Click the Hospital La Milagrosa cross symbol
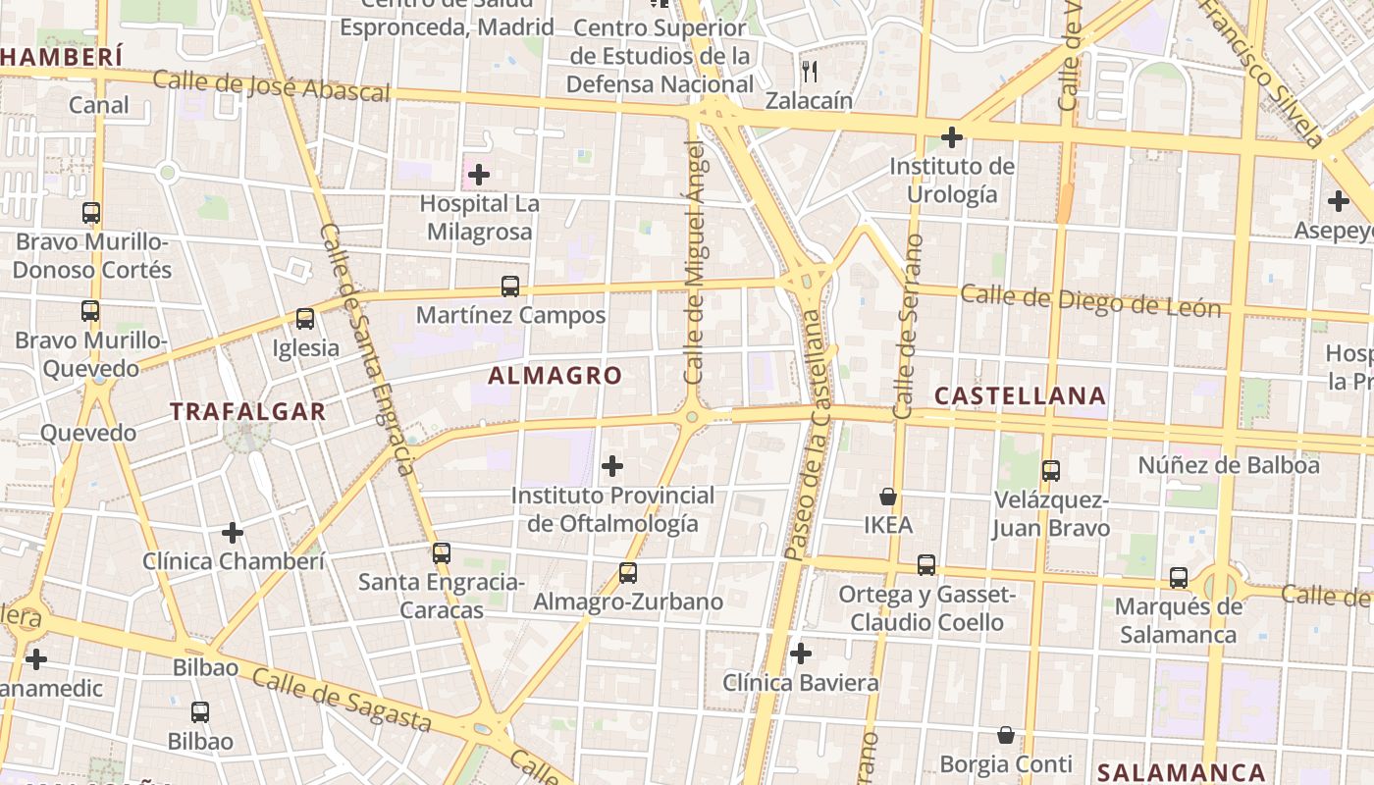click(479, 176)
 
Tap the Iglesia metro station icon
click(305, 319)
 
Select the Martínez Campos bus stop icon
click(510, 287)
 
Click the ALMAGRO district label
click(555, 376)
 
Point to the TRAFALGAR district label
click(248, 411)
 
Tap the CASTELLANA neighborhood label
click(1020, 396)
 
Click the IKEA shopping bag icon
click(888, 497)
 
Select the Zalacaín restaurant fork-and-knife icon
click(810, 71)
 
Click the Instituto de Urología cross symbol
click(951, 137)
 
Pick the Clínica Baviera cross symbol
click(801, 653)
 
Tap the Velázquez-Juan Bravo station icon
click(1051, 471)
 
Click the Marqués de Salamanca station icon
click(1179, 578)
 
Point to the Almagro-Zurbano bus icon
click(628, 573)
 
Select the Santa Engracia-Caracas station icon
click(442, 553)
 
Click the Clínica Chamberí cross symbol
click(233, 533)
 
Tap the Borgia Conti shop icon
click(1006, 735)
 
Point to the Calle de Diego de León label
click(1090, 300)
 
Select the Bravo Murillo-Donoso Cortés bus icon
click(91, 213)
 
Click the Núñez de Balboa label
click(1229, 465)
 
